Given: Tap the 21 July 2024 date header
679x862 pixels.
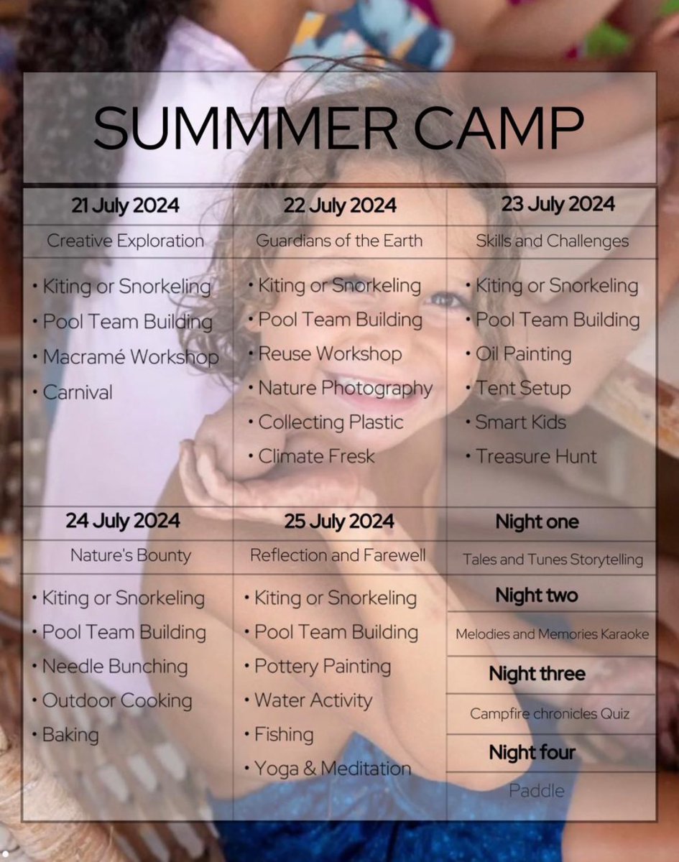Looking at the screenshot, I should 126,206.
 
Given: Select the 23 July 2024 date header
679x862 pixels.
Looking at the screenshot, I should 558,205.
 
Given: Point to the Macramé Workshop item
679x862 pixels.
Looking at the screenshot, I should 130,357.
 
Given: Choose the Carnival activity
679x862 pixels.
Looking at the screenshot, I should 78,392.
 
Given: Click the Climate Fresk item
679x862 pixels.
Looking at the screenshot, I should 316,456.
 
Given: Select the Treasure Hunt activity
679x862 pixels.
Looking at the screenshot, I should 536,456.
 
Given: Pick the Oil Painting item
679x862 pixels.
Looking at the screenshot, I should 523,354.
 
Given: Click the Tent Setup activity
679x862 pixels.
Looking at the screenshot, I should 522,389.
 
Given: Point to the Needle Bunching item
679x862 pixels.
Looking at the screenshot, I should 115,666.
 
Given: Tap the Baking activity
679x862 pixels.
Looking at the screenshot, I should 70,735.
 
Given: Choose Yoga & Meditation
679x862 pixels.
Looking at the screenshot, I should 333,769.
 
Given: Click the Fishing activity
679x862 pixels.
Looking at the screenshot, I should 284,734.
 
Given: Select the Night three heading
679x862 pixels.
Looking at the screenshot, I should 537,674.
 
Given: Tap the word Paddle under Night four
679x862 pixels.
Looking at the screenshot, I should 536,791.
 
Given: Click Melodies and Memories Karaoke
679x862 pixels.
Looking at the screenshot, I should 552,634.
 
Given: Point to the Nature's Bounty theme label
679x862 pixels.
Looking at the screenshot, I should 131,555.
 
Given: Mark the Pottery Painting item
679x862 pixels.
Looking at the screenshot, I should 323,666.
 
